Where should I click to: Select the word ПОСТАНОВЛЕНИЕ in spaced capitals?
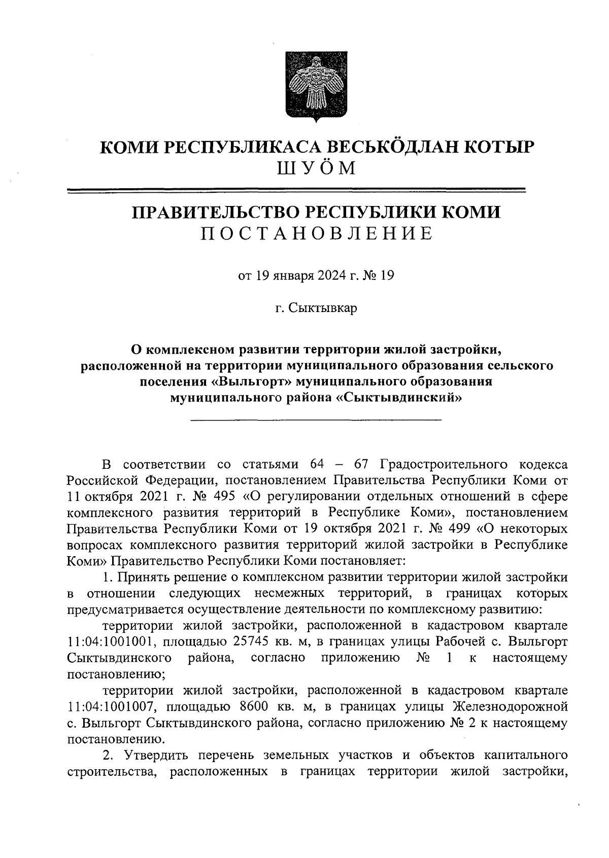click(316, 233)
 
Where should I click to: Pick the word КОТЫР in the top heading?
click(488, 147)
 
